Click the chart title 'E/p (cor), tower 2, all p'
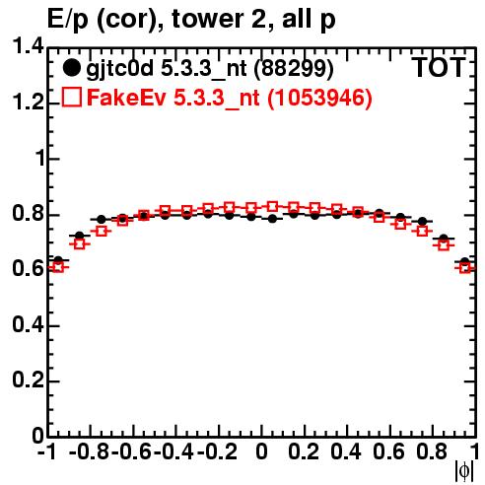[191, 20]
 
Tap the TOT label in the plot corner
[439, 67]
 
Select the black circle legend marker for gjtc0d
[71, 68]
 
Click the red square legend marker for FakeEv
[71, 98]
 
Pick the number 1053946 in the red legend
[319, 98]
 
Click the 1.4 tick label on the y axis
[28, 47]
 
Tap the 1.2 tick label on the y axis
[28, 103]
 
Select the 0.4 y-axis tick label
[28, 325]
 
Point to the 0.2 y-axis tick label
[28, 381]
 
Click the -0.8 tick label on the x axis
[90, 451]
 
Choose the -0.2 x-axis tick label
[217, 451]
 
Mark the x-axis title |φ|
[464, 471]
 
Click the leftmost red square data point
[58, 267]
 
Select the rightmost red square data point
[465, 268]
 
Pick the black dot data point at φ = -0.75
[102, 219]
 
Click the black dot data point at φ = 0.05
[272, 219]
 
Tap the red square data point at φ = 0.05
[272, 207]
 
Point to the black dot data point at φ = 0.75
[422, 221]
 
